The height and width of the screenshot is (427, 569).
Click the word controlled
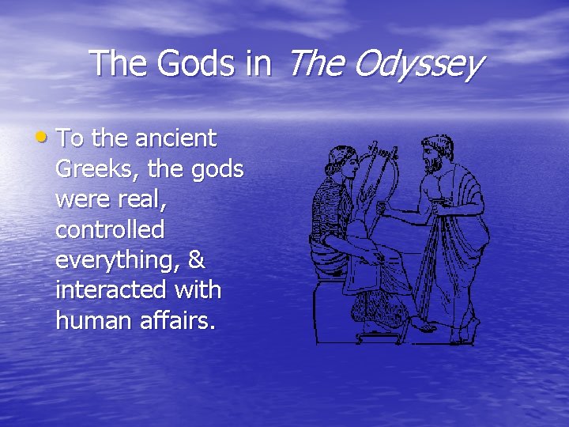click(x=110, y=229)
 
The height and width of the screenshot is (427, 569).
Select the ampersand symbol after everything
click(x=197, y=259)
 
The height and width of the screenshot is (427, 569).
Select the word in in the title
click(x=258, y=63)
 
